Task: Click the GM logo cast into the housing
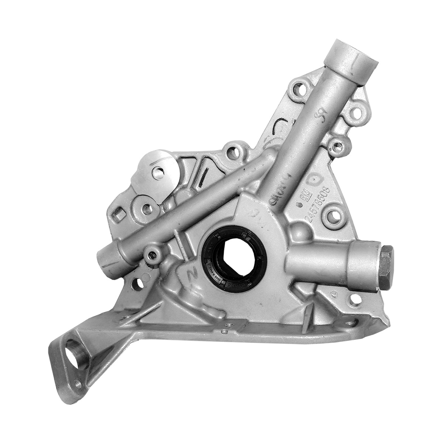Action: (x=304, y=198)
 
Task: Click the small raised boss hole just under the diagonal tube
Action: (x=151, y=254)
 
